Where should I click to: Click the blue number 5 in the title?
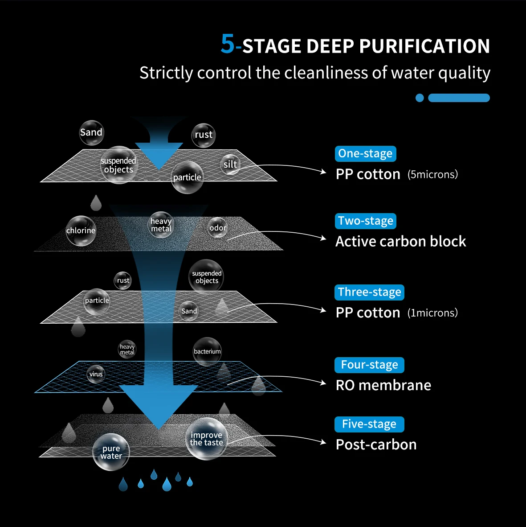tap(228, 44)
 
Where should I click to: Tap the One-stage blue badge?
tap(365, 154)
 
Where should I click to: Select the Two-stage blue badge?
tap(365, 221)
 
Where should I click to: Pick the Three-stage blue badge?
tap(369, 292)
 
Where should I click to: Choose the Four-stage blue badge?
tap(369, 365)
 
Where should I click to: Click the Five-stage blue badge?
tap(369, 424)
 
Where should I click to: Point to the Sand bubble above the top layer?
tap(91, 132)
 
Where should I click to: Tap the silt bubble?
tap(231, 165)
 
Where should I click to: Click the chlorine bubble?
tap(81, 231)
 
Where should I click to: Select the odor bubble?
tap(218, 228)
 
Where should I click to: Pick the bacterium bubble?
tap(207, 351)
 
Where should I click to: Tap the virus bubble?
tap(96, 374)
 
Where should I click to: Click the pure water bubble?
tap(111, 452)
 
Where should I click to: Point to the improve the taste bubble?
tap(206, 439)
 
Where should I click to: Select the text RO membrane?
tap(383, 385)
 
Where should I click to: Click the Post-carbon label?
tap(376, 445)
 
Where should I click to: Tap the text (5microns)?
tap(432, 174)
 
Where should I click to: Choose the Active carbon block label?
tap(400, 242)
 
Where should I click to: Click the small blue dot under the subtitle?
tap(420, 98)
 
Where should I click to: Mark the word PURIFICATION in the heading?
tap(424, 46)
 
